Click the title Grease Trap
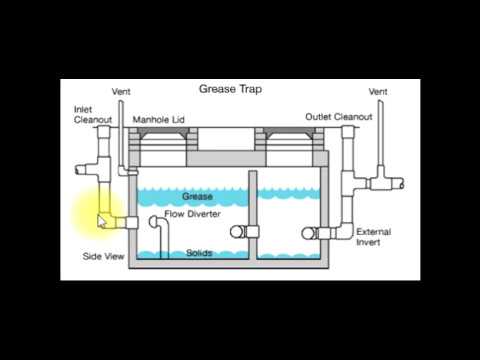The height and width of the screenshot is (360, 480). click(x=231, y=88)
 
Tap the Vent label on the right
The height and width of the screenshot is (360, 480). click(x=378, y=92)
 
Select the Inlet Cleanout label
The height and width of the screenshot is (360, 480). click(x=92, y=114)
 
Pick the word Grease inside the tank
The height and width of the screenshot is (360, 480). click(x=197, y=197)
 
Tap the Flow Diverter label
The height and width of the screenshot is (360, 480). click(x=192, y=214)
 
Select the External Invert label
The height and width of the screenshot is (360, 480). click(x=373, y=237)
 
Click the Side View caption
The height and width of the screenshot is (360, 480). click(x=103, y=257)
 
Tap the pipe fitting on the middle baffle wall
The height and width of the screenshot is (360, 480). click(x=241, y=232)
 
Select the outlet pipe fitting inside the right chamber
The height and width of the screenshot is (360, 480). click(x=311, y=233)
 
